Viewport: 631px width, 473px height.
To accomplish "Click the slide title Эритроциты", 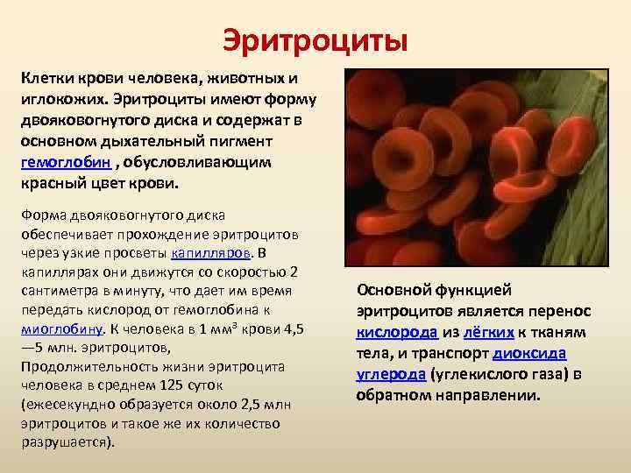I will click(315, 39).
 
